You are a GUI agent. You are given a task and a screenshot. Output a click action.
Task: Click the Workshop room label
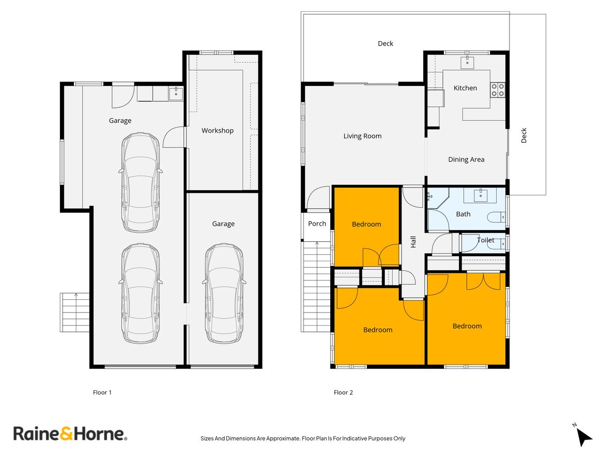tap(217, 131)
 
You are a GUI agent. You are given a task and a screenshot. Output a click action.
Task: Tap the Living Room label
tap(362, 136)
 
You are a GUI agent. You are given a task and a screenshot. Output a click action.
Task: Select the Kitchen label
tap(465, 88)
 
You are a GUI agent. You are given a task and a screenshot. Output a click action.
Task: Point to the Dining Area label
tap(466, 159)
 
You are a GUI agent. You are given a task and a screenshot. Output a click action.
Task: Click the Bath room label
tap(463, 214)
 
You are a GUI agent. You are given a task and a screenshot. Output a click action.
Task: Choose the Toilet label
tap(485, 240)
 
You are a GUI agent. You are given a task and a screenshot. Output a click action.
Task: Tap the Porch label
tap(317, 224)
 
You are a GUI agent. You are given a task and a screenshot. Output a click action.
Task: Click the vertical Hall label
tap(413, 241)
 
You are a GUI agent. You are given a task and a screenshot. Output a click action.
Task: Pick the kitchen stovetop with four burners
tap(498, 89)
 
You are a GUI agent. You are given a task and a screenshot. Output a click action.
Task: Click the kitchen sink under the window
tap(467, 62)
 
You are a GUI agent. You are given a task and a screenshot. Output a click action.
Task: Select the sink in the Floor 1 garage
tap(176, 93)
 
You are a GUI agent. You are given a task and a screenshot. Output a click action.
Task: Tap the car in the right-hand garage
tap(224, 293)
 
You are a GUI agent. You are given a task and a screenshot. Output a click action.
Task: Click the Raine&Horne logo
tap(70, 434)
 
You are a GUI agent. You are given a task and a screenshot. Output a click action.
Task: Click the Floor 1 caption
tap(102, 393)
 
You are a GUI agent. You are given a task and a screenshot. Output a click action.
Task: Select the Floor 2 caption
tap(343, 393)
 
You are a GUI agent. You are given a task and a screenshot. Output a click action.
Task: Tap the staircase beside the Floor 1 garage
tap(75, 312)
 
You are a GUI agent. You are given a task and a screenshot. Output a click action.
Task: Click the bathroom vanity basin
tap(481, 196)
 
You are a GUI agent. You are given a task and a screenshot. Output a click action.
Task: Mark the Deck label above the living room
tap(385, 44)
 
